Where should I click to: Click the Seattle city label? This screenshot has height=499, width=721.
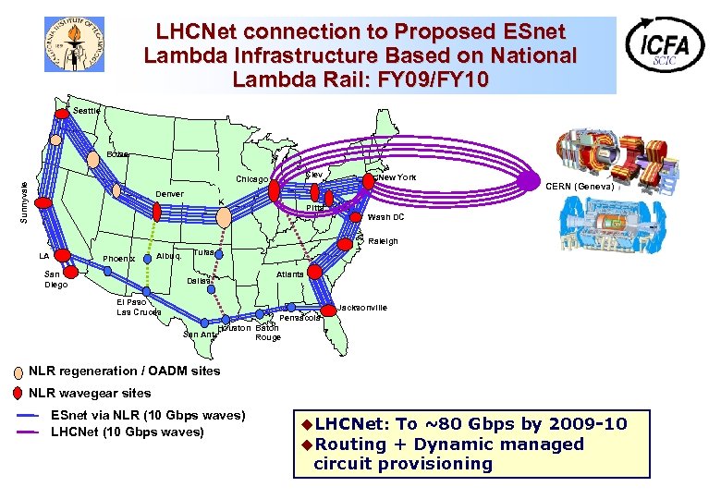(86, 111)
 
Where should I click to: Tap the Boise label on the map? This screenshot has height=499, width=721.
(118, 153)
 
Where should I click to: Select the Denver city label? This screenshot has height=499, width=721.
(169, 194)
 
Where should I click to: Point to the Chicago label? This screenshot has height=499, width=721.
(251, 179)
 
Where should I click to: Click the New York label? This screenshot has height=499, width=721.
(397, 176)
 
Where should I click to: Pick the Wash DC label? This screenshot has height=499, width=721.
(385, 217)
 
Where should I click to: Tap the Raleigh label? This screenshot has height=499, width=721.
(383, 241)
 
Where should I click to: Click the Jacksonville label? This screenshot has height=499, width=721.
(363, 307)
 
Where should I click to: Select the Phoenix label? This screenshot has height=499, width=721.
(118, 259)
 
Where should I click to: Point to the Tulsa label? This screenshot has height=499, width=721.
(204, 252)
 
